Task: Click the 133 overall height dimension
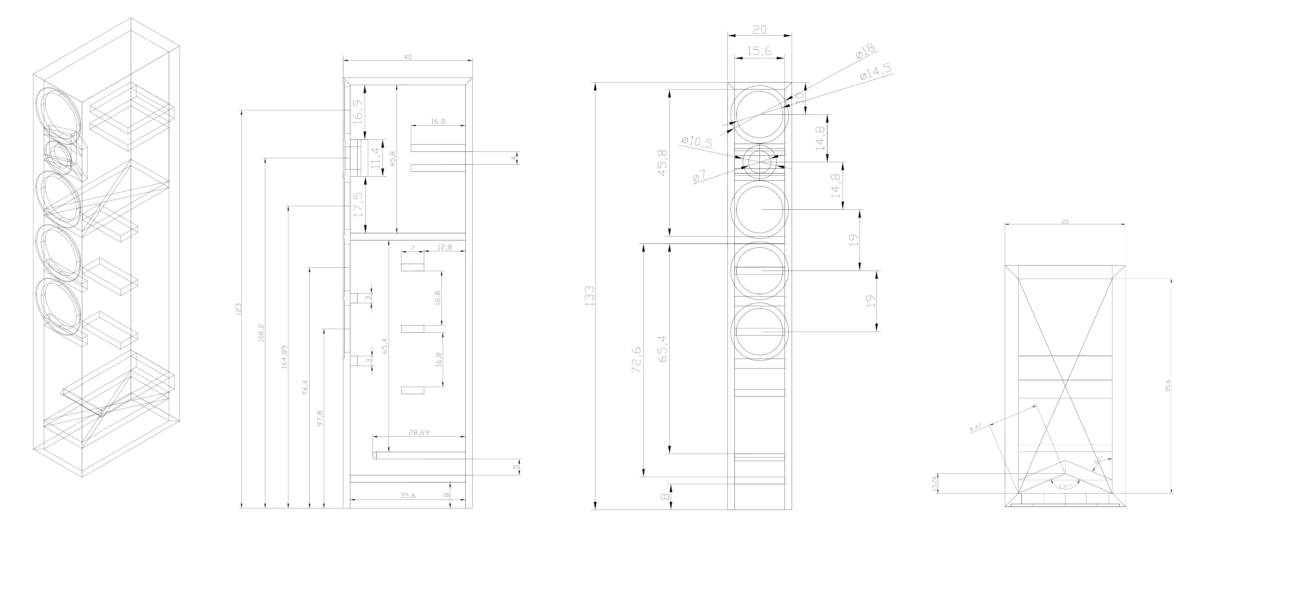pos(589,296)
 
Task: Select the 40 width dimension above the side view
pos(408,57)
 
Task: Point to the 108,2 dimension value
pos(261,333)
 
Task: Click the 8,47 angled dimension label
pos(976,428)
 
